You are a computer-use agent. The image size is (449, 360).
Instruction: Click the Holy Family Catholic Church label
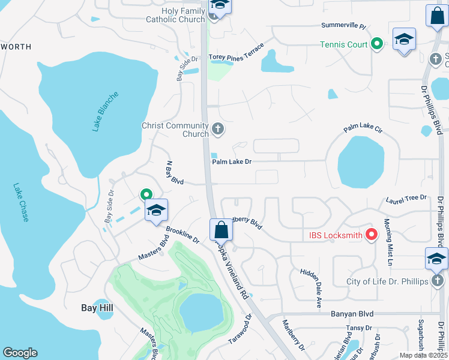point(175,15)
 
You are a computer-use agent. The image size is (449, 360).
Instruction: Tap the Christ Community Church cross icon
point(217,128)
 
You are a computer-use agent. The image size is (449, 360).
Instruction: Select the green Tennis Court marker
point(377,44)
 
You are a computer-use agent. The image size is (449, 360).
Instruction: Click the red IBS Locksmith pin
point(371,235)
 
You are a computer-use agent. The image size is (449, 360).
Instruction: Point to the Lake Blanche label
point(106,112)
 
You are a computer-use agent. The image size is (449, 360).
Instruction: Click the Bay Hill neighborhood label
point(97,308)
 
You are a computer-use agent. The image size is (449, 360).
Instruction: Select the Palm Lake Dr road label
point(232,161)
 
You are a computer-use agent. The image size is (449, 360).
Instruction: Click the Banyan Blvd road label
point(352,314)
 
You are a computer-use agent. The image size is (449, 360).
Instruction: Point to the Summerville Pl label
point(343,26)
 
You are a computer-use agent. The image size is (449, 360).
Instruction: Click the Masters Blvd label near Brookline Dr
point(153,248)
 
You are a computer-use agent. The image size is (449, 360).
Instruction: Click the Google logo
point(20,353)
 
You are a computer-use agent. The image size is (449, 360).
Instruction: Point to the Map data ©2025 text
point(423,355)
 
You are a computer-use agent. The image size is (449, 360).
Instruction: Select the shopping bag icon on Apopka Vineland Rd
point(221,230)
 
